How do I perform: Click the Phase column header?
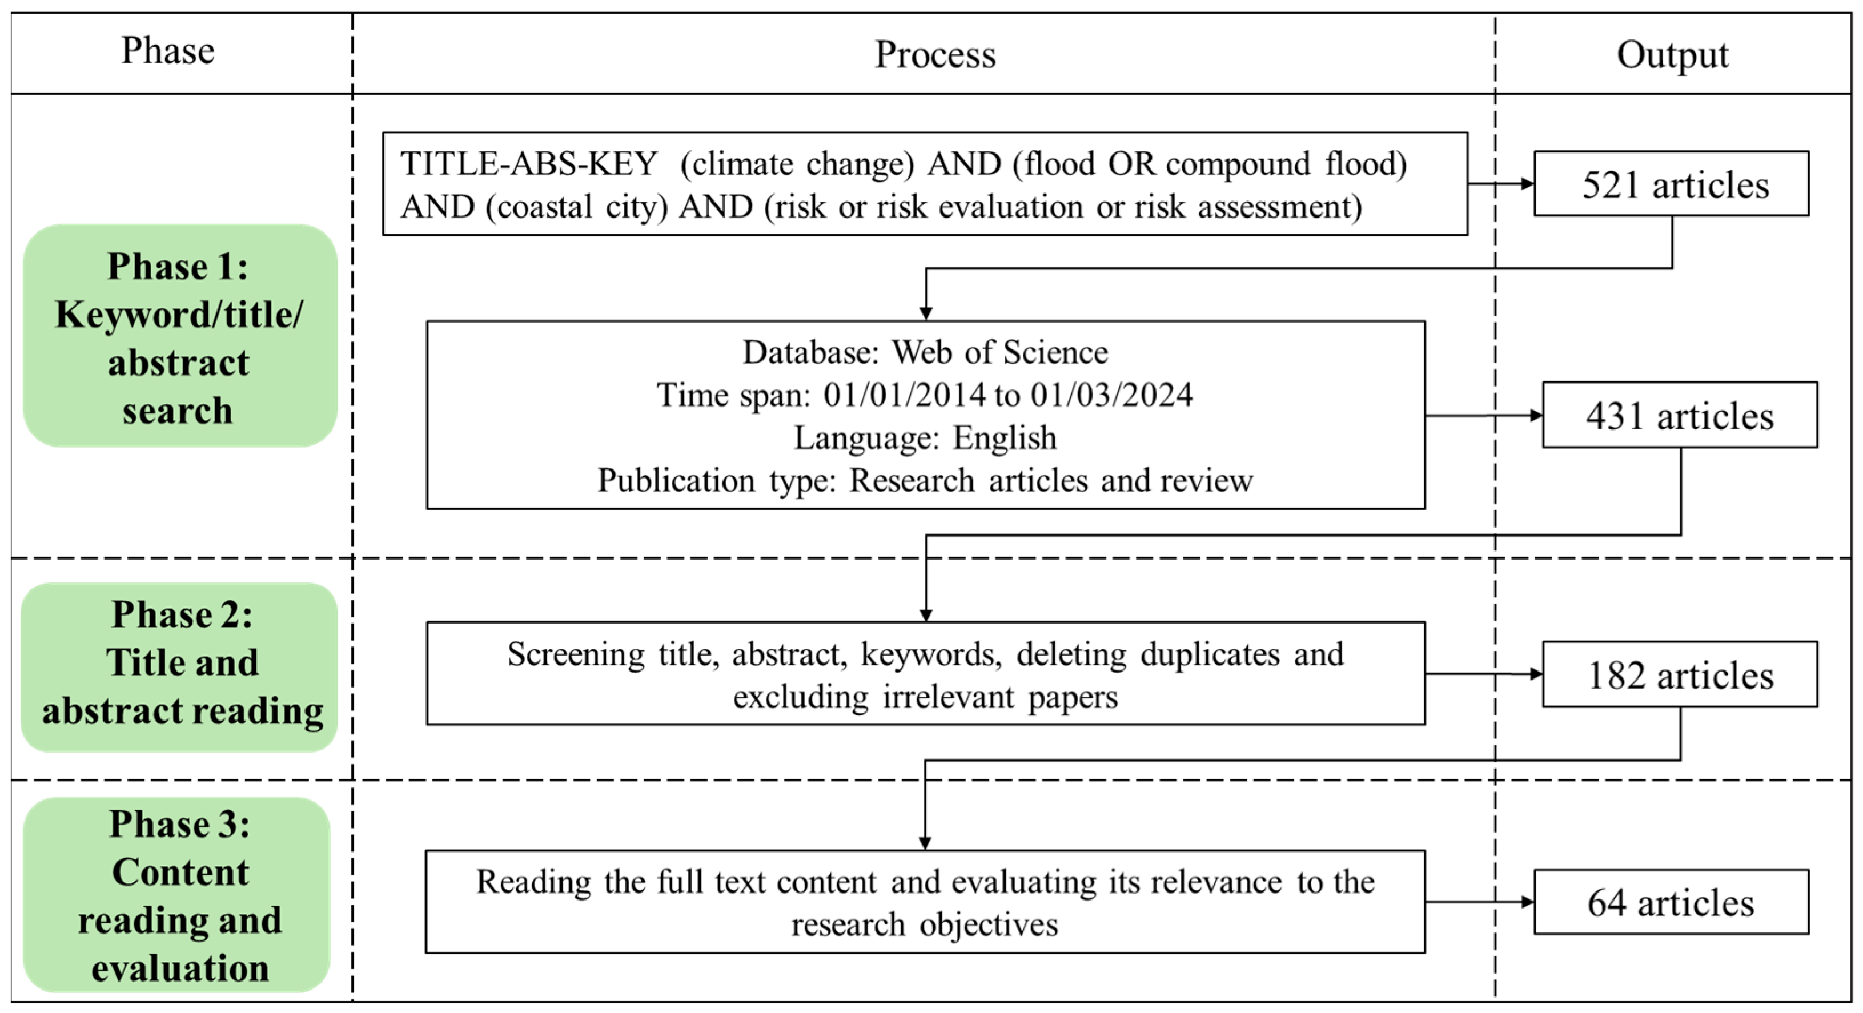click(168, 51)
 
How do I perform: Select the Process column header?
click(934, 54)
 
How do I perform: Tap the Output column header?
click(1672, 54)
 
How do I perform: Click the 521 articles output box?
click(1671, 184)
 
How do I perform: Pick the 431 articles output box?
click(1679, 415)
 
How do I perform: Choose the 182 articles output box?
click(1679, 674)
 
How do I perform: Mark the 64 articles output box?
click(1671, 902)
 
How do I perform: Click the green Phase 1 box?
click(179, 336)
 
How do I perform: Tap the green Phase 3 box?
click(177, 895)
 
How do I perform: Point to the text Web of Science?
click(999, 352)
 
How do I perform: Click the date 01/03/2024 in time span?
click(1111, 395)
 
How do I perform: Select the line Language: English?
click(925, 437)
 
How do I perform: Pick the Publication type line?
click(925, 480)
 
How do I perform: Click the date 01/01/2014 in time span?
click(904, 395)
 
